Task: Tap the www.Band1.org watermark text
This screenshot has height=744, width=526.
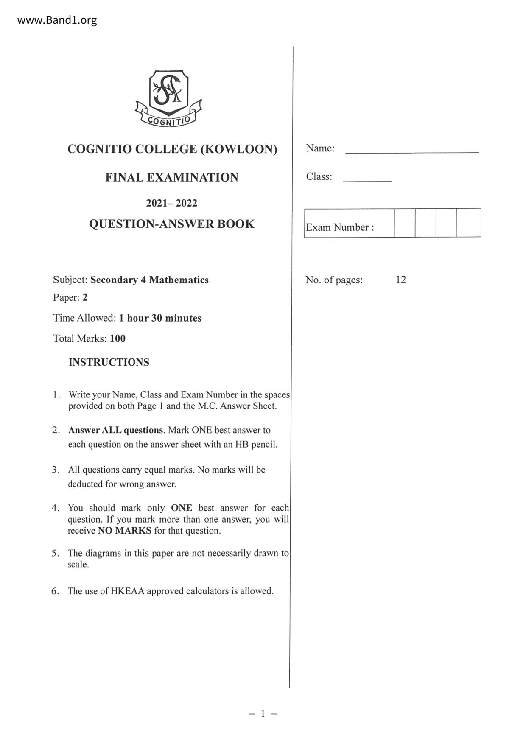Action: click(57, 20)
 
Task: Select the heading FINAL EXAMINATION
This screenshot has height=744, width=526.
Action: click(172, 177)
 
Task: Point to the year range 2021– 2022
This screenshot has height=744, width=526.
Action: click(172, 203)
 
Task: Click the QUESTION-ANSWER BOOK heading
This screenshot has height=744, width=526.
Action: click(172, 224)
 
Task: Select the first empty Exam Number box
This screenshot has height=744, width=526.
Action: click(405, 223)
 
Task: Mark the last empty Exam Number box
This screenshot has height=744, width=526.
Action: click(468, 223)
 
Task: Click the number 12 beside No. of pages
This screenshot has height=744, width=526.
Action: click(401, 280)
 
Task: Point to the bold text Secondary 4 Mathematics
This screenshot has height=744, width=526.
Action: click(149, 280)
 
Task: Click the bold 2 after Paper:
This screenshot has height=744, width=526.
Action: click(85, 297)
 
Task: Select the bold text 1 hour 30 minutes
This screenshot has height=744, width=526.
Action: click(160, 318)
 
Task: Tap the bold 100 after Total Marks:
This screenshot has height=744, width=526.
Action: click(118, 338)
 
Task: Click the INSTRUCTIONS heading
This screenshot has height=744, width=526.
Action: click(109, 362)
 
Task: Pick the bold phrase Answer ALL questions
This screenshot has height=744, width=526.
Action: click(116, 430)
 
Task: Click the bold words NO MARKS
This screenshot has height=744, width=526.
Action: click(124, 531)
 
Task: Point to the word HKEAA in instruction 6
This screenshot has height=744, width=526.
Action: click(127, 591)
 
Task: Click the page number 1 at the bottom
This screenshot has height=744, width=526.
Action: click(263, 713)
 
